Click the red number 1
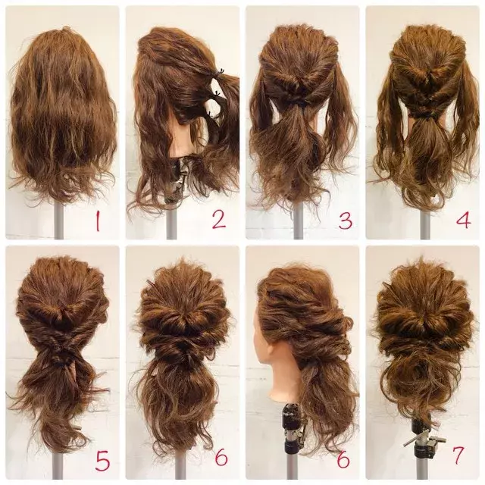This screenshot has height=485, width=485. coord(98,221)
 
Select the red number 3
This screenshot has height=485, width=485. coord(346,221)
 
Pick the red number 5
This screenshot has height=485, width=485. coord(102,461)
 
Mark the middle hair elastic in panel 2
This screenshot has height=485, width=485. coord(217,92)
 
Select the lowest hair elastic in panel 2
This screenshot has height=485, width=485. coord(211,114)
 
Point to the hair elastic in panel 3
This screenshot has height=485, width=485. coord(297,102)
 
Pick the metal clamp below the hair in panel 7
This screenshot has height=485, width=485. coord(423,440)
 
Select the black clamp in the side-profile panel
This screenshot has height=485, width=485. coord(292,427)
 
